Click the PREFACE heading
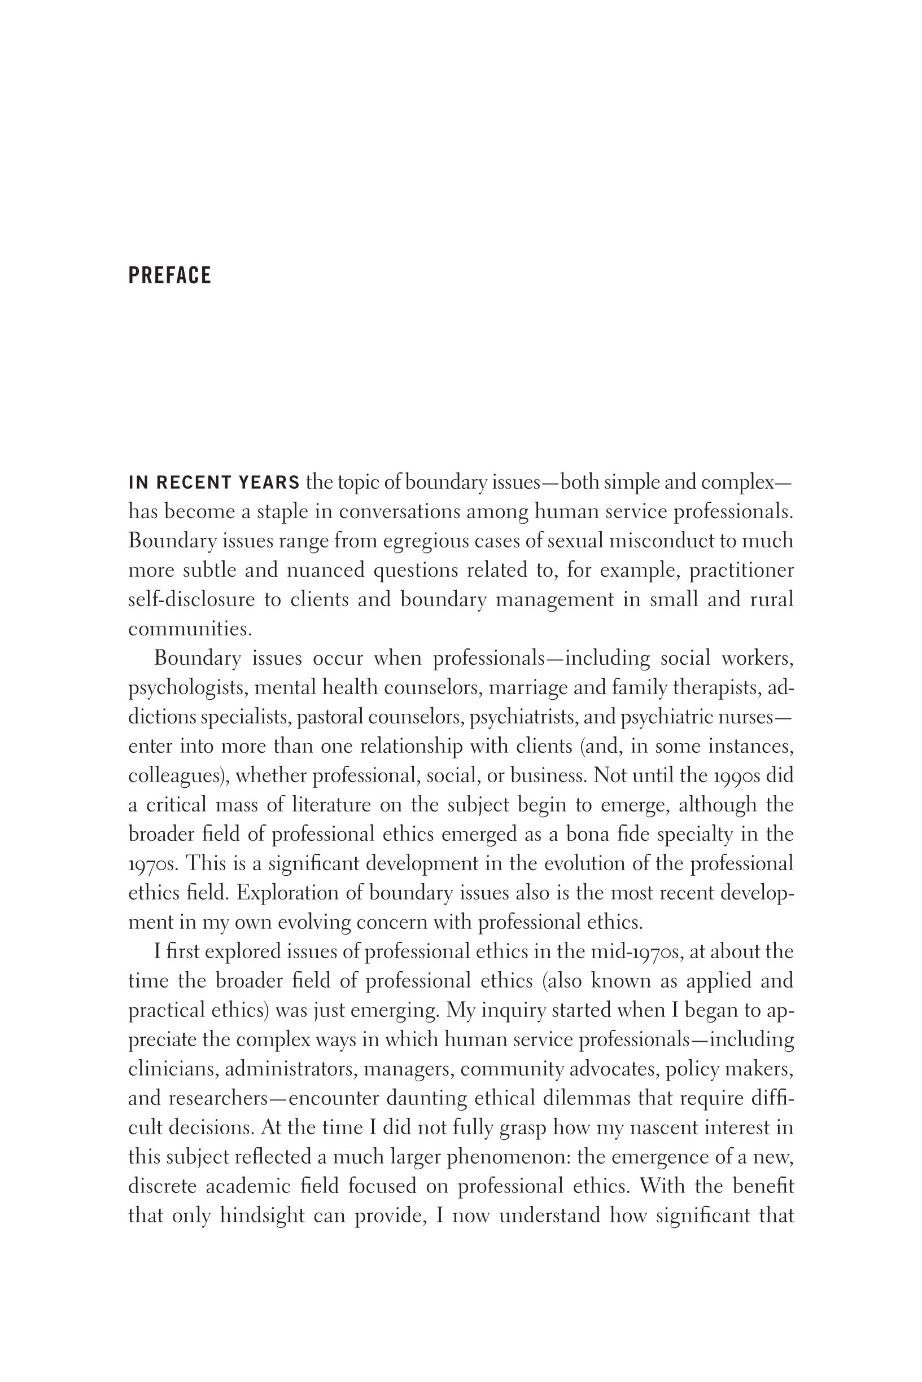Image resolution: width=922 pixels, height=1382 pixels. pyautogui.click(x=169, y=275)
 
